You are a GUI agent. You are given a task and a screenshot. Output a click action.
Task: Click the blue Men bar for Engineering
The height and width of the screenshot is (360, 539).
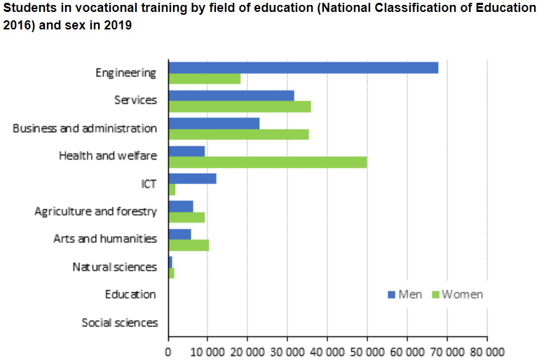coord(303,68)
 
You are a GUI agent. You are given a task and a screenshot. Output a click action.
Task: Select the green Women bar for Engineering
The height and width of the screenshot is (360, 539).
coord(204,79)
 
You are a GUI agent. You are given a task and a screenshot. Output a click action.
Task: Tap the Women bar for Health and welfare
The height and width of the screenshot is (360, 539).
coord(267,162)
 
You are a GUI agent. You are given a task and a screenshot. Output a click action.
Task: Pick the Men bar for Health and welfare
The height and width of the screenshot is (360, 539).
coord(186,151)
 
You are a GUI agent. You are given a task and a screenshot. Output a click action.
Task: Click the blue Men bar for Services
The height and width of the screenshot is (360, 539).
coord(231,95)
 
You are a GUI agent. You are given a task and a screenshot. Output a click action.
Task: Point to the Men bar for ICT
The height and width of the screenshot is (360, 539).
coord(192,179)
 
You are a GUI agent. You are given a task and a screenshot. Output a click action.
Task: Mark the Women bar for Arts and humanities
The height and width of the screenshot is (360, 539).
coord(189,245)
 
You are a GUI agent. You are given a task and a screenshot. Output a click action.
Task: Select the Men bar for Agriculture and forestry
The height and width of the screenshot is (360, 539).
coord(181,206)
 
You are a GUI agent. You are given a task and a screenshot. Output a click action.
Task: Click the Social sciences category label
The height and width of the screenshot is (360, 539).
coord(119,323)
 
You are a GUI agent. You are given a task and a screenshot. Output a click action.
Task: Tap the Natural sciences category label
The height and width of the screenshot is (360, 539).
coord(114,267)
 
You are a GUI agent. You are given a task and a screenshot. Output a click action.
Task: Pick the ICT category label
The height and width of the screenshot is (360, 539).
coord(149,184)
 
